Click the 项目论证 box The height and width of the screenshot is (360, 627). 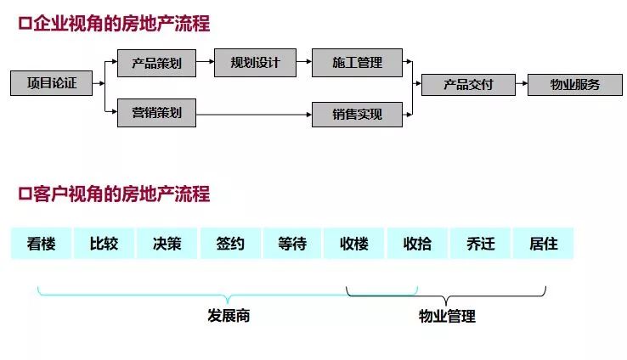[x=51, y=83]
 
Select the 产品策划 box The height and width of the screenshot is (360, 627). [x=156, y=63]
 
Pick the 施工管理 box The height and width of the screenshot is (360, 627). [x=357, y=62]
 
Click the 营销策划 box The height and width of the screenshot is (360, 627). [x=156, y=113]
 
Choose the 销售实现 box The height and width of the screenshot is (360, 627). [x=357, y=114]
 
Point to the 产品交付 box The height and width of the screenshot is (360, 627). [x=468, y=84]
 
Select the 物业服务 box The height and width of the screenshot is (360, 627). [x=574, y=84]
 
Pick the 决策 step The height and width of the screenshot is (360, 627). [x=167, y=244]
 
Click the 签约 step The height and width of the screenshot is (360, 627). [x=229, y=244]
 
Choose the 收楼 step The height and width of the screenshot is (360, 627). [x=354, y=244]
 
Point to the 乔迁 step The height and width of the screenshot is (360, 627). [x=480, y=244]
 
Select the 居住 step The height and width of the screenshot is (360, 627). [x=543, y=244]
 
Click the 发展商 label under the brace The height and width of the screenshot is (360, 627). [x=229, y=316]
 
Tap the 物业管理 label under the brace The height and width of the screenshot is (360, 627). [x=447, y=317]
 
